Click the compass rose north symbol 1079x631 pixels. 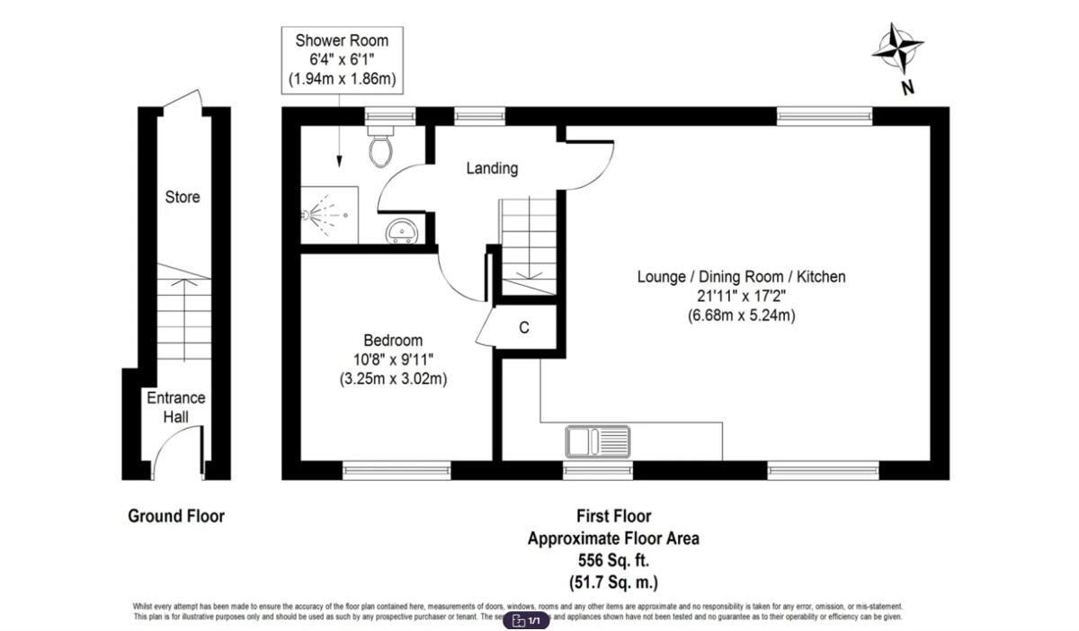pos(897,49)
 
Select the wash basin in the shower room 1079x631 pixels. pos(401,232)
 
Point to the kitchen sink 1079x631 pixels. pos(598,442)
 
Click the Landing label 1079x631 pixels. pos(492,168)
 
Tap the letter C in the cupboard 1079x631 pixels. pos(523,328)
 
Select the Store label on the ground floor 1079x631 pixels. pos(183,197)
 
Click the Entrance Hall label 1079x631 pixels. pos(176,407)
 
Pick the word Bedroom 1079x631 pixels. pos(393,341)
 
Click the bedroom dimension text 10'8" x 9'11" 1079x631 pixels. pos(393,360)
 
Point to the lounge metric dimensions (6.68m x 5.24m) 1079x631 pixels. pos(742,315)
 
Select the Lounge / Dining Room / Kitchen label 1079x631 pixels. pos(742,277)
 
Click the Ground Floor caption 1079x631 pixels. pos(176,516)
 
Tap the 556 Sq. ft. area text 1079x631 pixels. pos(612,560)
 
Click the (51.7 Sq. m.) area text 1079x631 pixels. pos(612,581)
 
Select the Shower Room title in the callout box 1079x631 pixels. pos(341,41)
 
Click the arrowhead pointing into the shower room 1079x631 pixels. pos(340,162)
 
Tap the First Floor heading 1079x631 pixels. pos(613,516)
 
